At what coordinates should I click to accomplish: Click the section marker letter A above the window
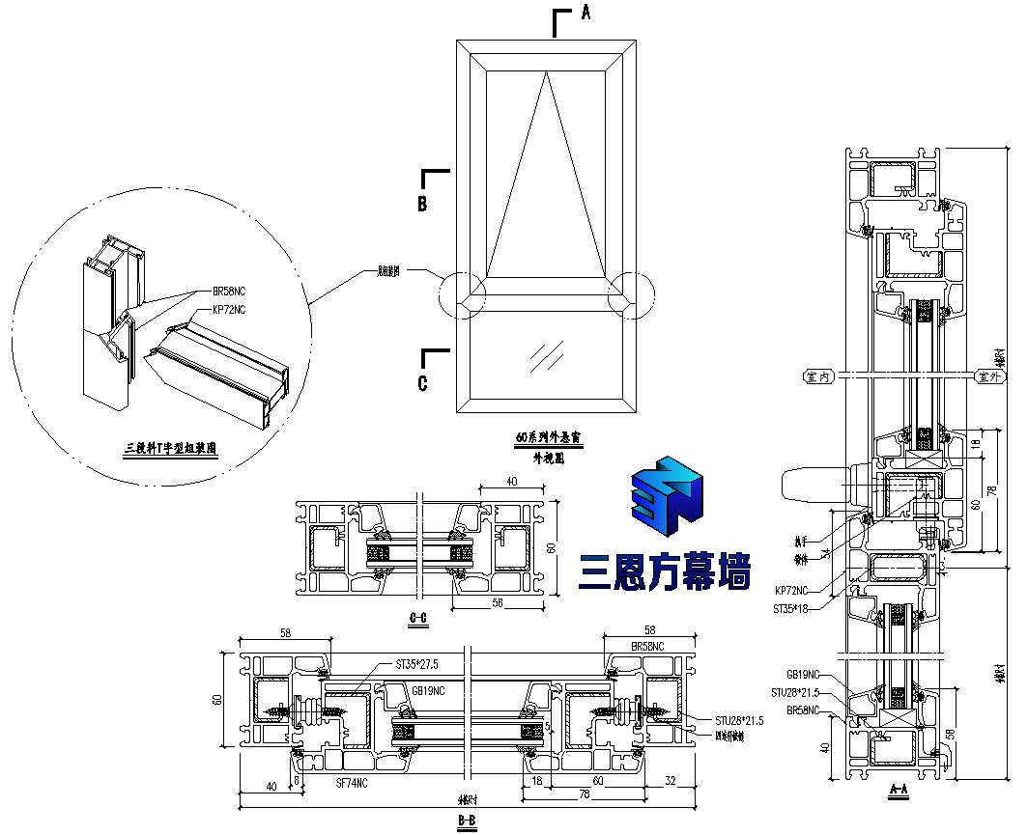coord(585,13)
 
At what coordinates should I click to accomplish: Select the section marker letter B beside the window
coord(422,204)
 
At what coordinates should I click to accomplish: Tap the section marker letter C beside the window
coord(422,383)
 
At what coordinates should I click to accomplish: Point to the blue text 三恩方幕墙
coord(665,574)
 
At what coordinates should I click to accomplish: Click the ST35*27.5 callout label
coord(417,665)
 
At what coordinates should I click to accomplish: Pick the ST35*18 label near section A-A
coord(790,609)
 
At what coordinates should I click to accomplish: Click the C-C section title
coord(419,618)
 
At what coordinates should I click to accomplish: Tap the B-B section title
coord(467,821)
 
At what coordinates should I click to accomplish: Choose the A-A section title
coord(899,790)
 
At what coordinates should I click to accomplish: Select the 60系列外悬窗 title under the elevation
coord(549,437)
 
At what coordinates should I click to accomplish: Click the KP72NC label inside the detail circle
coord(230,310)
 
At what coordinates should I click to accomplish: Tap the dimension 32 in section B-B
coord(671,781)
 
